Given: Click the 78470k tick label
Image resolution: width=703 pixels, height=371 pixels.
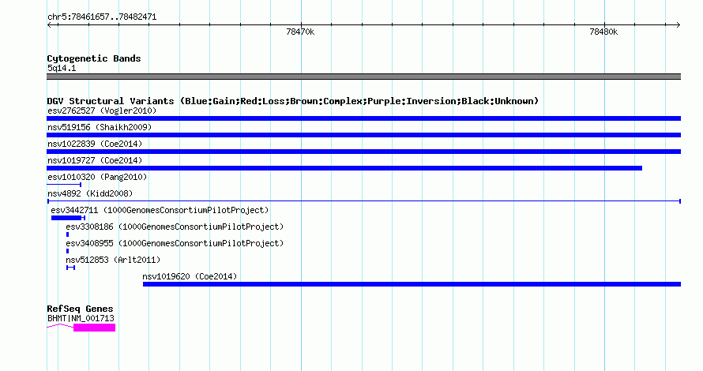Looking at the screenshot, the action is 300,32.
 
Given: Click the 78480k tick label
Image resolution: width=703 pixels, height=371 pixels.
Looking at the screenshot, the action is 603,32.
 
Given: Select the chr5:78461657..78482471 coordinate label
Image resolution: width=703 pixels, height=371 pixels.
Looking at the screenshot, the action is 102,17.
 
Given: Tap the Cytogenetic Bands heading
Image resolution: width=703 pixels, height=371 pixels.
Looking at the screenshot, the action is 94,58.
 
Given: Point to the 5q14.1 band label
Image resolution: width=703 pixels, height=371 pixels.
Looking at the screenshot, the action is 62,68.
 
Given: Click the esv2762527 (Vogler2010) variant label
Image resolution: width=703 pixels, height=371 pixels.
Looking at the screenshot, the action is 102,111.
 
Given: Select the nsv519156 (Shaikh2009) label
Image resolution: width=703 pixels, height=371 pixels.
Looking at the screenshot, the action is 100,127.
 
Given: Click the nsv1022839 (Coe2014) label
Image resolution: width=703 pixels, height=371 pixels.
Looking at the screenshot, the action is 95,144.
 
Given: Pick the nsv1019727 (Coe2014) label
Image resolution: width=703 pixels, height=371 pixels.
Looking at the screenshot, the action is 95,160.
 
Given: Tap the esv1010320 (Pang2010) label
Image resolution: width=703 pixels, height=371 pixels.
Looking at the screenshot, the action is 97,177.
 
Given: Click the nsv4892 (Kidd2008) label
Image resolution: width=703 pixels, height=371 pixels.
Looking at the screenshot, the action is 90,193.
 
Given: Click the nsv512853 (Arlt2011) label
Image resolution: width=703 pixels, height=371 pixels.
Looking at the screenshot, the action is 113,260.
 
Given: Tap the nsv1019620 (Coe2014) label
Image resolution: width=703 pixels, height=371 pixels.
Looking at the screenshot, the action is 190,276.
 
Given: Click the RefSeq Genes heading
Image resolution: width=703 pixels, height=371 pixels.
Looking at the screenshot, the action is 81,309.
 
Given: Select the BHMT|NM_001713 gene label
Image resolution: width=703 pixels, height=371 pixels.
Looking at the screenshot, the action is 81,319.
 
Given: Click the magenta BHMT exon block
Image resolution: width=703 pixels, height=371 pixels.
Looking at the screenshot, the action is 94,328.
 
